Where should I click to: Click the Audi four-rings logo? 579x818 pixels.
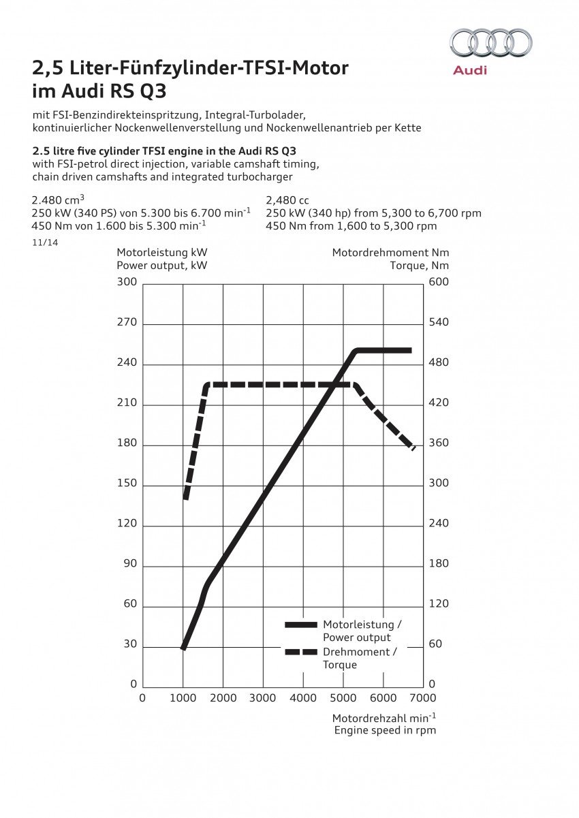490,42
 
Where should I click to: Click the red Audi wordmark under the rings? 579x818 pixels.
470,70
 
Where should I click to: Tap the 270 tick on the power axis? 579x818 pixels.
127,323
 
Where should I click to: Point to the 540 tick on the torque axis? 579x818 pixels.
439,322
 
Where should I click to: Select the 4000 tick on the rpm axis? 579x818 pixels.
303,698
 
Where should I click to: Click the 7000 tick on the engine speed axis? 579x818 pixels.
423,698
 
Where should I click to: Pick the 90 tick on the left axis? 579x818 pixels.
130,564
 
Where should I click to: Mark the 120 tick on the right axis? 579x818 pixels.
439,604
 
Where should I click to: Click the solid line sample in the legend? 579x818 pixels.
300,625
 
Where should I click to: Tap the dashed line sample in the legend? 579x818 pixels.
300,652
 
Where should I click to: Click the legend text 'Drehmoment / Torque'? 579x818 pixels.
360,658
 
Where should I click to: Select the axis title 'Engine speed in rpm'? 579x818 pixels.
385,730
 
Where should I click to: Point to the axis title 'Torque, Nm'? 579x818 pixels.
420,266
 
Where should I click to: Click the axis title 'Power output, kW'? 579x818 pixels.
162,266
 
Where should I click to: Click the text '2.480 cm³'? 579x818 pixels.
58,200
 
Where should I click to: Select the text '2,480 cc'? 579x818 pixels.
287,200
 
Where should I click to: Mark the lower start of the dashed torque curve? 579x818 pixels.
185,498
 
